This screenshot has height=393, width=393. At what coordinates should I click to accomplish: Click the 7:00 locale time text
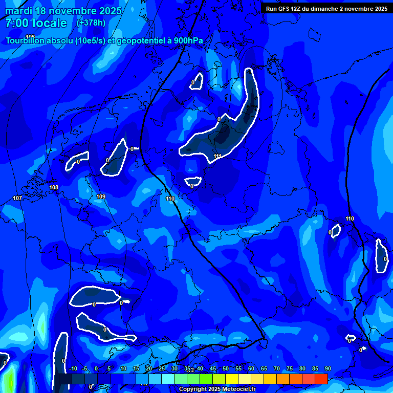36,23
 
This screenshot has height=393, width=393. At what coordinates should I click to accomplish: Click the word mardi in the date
18,11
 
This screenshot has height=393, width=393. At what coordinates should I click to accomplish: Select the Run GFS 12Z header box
326,8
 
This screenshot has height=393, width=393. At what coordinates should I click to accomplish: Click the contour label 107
17,198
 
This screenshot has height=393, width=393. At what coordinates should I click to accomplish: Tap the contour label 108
54,188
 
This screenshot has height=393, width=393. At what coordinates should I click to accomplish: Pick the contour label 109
101,196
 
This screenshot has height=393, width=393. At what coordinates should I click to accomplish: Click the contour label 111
217,156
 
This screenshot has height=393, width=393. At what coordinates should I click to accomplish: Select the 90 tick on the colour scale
327,368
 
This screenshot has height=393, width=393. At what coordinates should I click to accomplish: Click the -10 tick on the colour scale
73,368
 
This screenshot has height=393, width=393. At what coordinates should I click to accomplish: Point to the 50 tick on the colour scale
226,368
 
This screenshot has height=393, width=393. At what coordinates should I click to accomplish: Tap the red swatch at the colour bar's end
321,379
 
